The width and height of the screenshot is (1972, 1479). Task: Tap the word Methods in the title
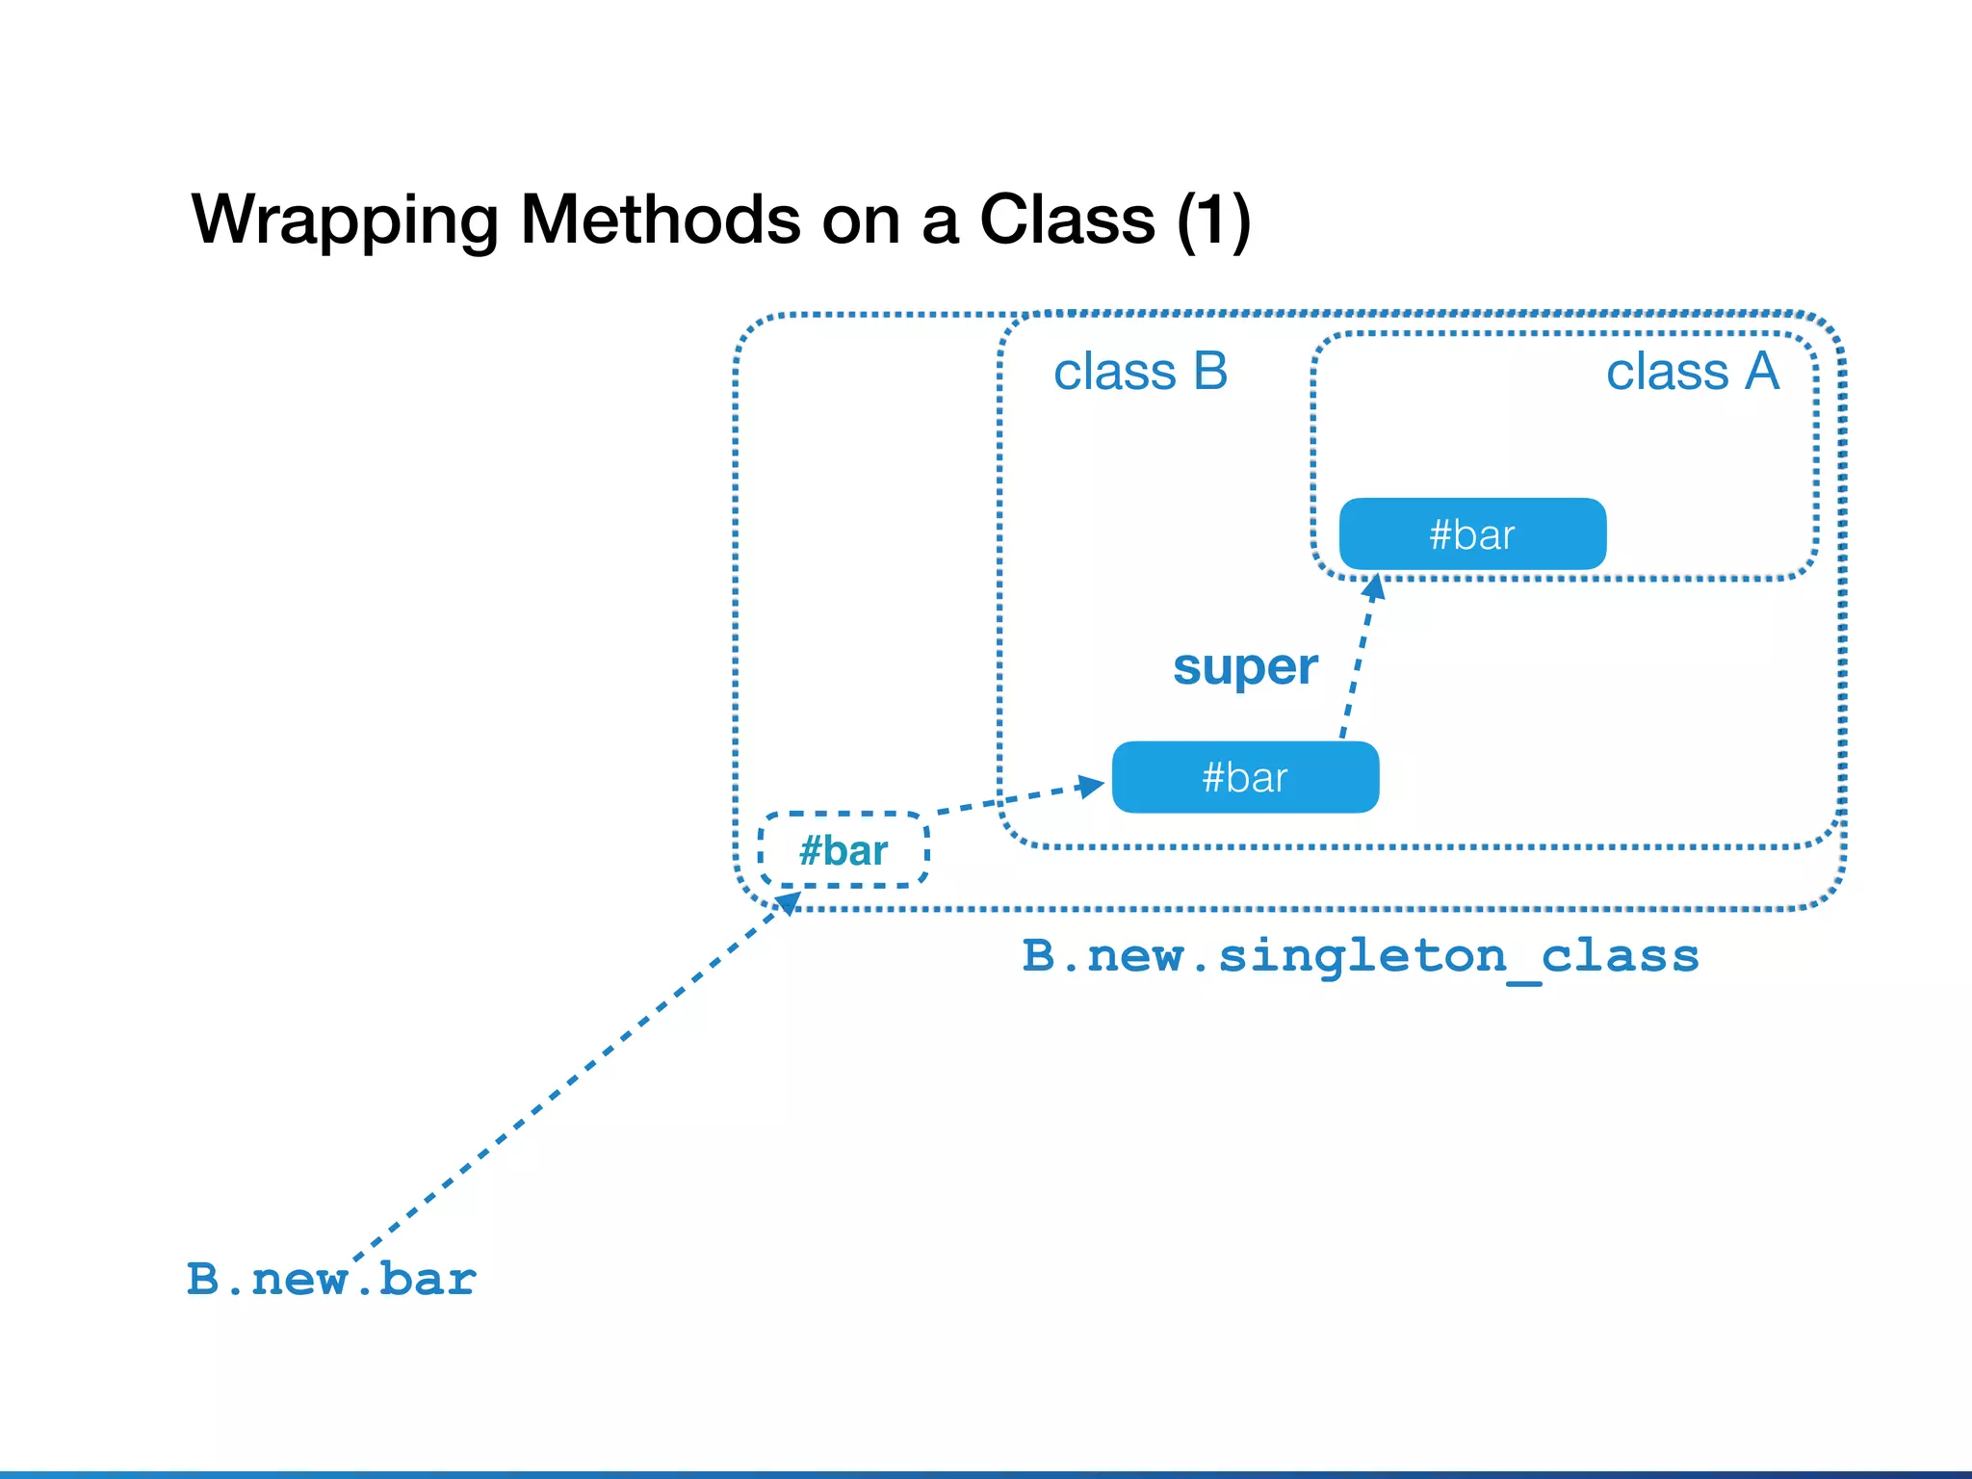pos(660,220)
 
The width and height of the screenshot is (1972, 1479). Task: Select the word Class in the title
pos(1066,220)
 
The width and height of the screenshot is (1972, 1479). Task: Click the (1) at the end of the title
pos(1212,221)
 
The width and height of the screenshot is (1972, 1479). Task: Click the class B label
pos(1140,372)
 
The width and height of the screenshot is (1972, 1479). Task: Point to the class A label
pos(1692,372)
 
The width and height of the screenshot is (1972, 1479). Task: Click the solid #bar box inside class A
pos(1472,534)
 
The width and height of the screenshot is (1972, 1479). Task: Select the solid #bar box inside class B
pos(1245,777)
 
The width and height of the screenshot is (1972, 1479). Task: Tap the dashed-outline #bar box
pos(843,850)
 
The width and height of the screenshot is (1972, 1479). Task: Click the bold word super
pos(1245,666)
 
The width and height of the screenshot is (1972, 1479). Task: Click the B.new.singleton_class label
pos(1360,956)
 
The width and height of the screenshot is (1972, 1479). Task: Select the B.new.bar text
pos(331,1280)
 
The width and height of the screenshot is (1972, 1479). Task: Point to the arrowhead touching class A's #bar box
pos(1375,586)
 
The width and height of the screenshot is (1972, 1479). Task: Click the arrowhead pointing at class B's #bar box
pos(1091,786)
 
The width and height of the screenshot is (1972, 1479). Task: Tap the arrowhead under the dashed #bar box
pos(788,903)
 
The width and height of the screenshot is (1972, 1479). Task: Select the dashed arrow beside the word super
pos(1358,664)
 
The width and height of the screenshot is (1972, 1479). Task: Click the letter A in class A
pos(1761,372)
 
